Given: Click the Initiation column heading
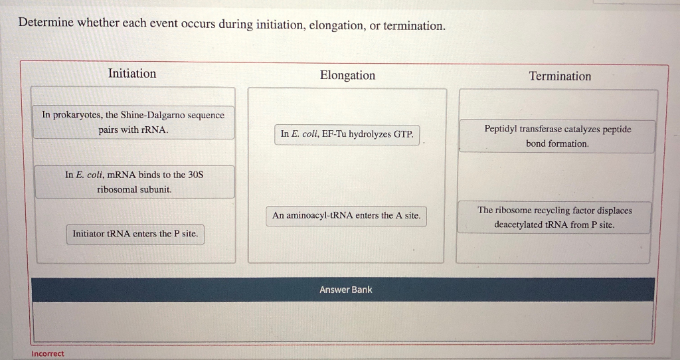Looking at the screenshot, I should click(132, 74).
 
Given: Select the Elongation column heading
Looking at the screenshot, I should click(347, 76).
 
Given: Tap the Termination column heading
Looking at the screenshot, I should click(560, 76).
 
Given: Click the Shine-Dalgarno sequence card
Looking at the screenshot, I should click(133, 122).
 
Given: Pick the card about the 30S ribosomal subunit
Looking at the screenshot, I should click(134, 182).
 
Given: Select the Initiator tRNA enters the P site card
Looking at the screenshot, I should click(135, 234).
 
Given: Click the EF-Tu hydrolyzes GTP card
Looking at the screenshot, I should click(347, 134).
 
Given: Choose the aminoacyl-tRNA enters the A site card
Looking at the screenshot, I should click(346, 216).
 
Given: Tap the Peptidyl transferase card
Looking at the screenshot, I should click(557, 136).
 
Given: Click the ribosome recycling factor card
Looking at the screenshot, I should click(554, 217).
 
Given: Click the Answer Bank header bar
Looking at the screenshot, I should click(345, 290).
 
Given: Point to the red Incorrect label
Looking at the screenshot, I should click(48, 354).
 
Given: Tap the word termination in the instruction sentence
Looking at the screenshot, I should click(411, 26).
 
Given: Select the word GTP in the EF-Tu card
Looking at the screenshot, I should click(403, 134).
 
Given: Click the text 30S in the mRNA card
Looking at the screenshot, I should click(195, 175).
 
